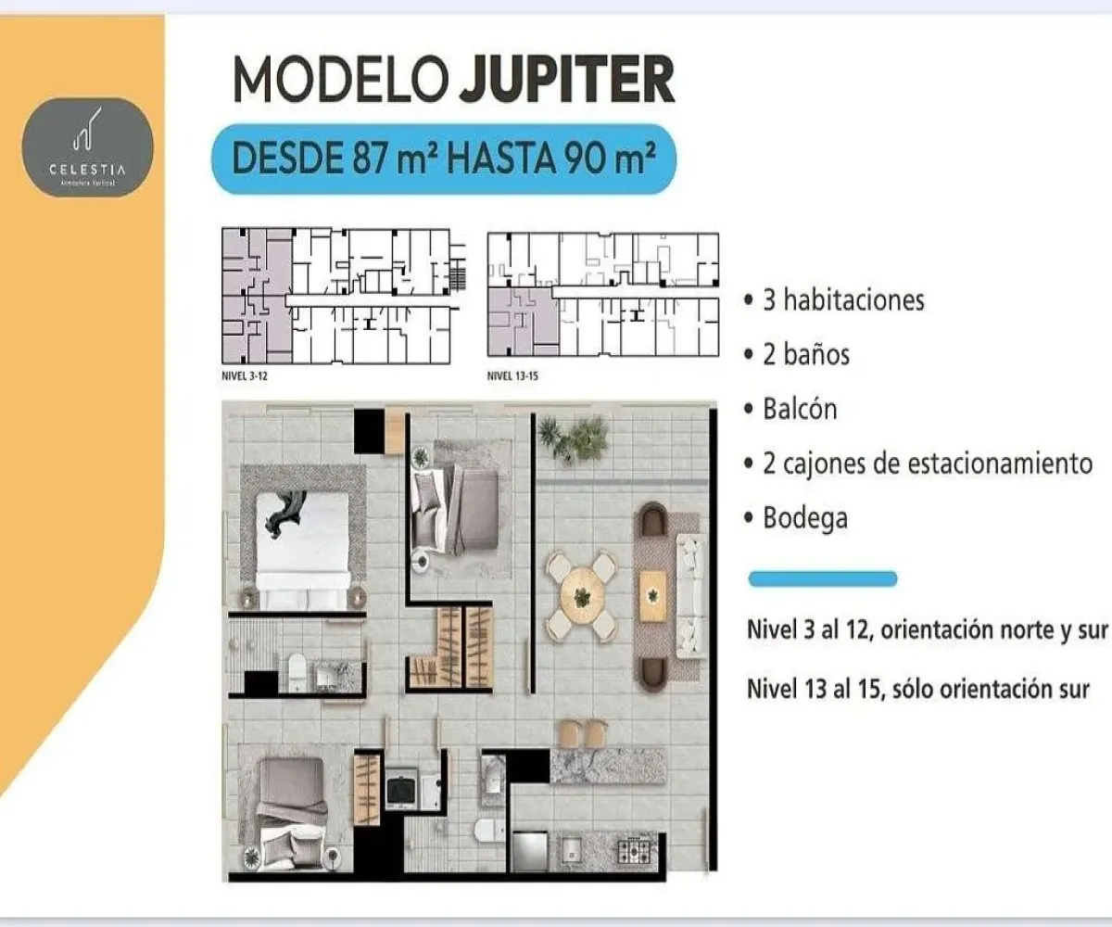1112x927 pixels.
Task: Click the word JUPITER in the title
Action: [x=566, y=80]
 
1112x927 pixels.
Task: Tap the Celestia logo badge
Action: [x=88, y=147]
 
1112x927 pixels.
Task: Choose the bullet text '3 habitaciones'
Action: [x=842, y=300]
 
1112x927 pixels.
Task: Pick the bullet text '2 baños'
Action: [x=805, y=354]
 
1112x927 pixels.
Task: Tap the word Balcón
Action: [x=799, y=409]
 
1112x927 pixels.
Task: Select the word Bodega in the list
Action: [x=804, y=517]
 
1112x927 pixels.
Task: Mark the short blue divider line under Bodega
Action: [x=822, y=579]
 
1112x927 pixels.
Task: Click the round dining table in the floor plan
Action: [x=582, y=597]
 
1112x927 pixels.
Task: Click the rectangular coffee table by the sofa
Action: [x=653, y=593]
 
